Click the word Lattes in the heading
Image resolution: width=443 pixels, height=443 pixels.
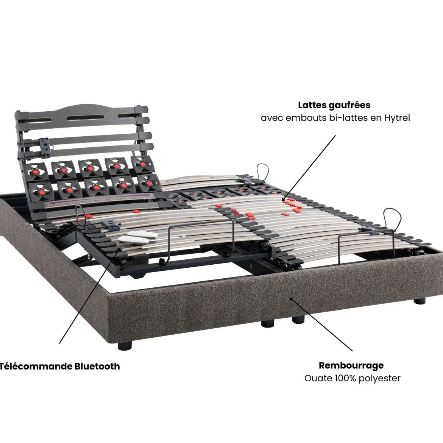tap(312, 105)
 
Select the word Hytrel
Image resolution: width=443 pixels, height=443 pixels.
tap(397, 118)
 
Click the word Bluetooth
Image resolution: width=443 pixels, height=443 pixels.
tap(97, 366)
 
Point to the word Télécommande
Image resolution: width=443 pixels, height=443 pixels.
tap(36, 366)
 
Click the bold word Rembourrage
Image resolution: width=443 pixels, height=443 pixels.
tap(351, 366)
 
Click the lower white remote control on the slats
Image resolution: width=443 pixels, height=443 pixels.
tap(132, 240)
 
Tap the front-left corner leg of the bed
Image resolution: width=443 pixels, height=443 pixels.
tap(125, 346)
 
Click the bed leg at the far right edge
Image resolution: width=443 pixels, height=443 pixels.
tap(420, 301)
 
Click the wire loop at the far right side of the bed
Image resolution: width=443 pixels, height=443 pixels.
tap(392, 218)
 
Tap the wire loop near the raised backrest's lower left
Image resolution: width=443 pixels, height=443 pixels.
tap(81, 216)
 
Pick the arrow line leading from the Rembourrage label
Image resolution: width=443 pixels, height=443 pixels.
tap(321, 324)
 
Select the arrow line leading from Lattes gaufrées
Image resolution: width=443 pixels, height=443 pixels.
tap(309, 168)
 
